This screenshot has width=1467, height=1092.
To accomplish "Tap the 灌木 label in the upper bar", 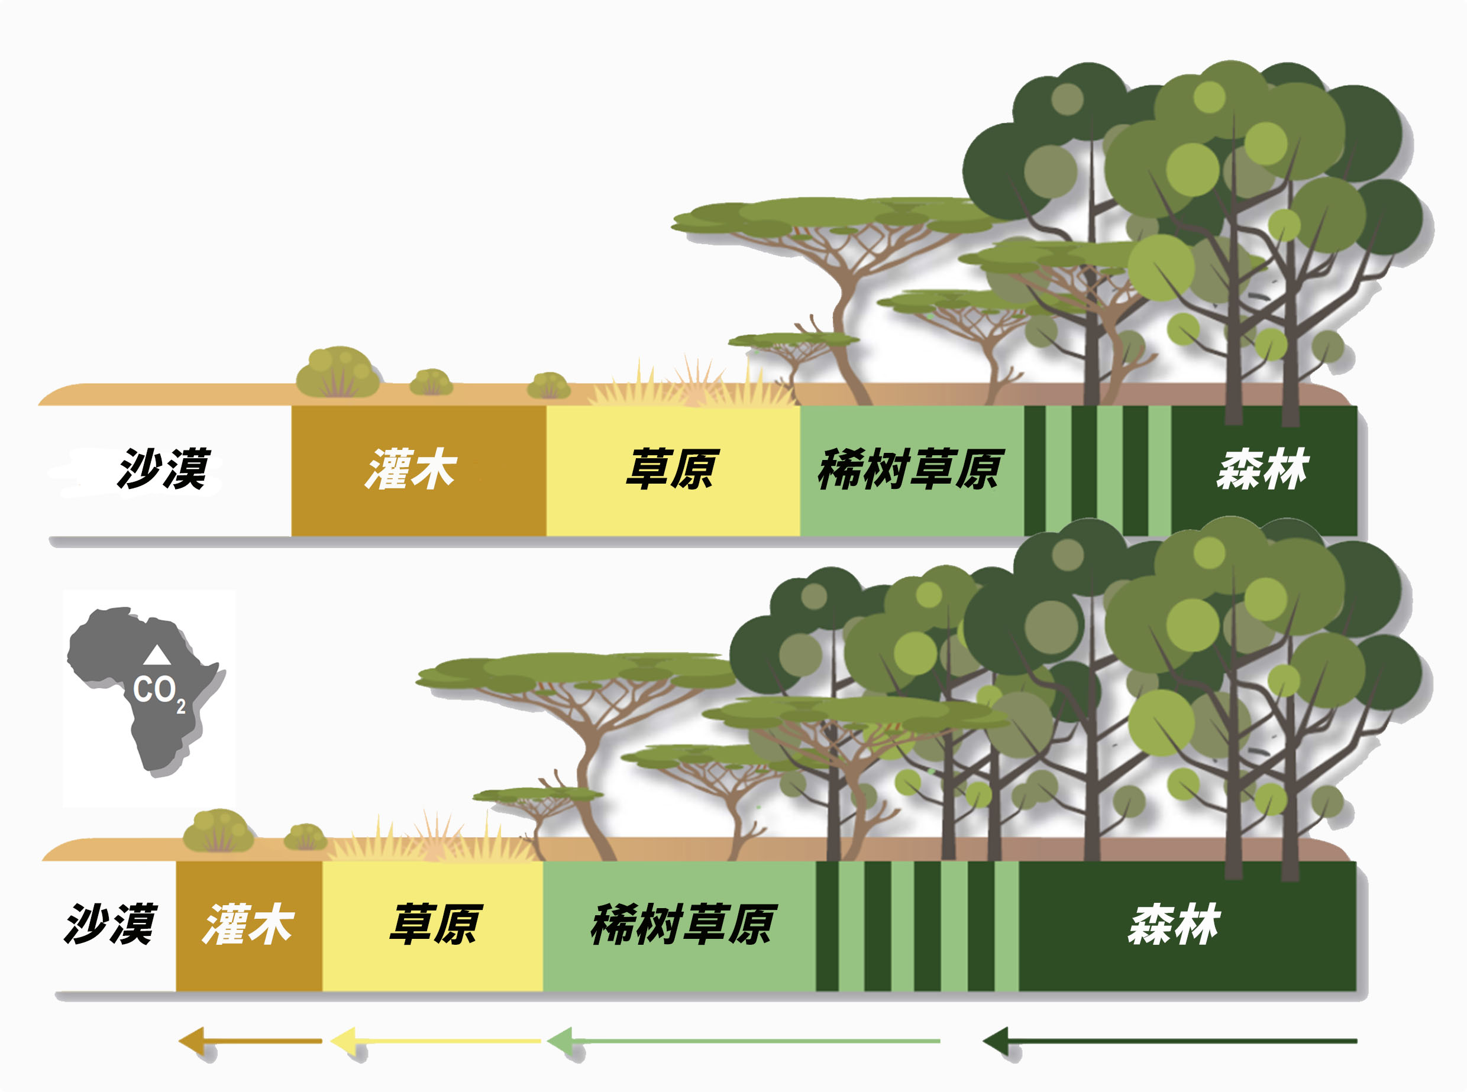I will (411, 469).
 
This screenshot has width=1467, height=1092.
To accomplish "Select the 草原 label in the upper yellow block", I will (672, 469).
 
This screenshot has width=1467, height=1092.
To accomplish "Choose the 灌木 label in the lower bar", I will (248, 924).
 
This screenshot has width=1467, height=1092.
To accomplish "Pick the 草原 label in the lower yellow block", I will (435, 924).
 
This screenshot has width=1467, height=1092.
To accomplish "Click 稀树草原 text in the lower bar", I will (683, 924).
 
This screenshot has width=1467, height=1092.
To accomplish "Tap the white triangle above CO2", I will (157, 655).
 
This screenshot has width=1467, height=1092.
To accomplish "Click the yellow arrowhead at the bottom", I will (344, 1041).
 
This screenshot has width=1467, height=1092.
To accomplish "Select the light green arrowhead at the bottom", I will (561, 1041).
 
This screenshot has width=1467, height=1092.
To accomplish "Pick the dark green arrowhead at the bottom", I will (996, 1041).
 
